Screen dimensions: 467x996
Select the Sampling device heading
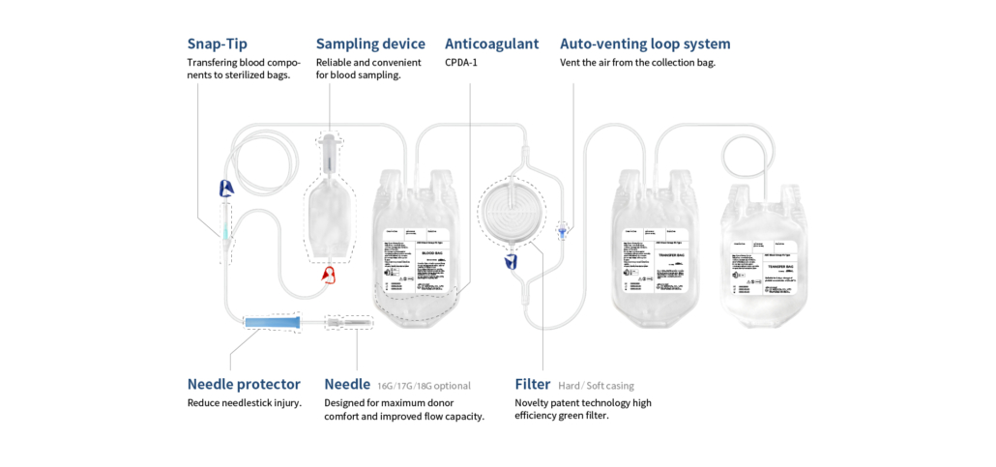coord(370,44)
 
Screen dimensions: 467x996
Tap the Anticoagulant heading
coord(492,44)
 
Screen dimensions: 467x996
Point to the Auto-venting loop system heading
coord(645,44)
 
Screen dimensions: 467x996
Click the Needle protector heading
coord(244,384)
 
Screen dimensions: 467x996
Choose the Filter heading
coord(533,384)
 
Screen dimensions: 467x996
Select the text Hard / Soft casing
coord(597,385)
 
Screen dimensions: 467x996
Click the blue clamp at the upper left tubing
coord(225,190)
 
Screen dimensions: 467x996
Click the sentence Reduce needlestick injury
coord(245,403)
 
